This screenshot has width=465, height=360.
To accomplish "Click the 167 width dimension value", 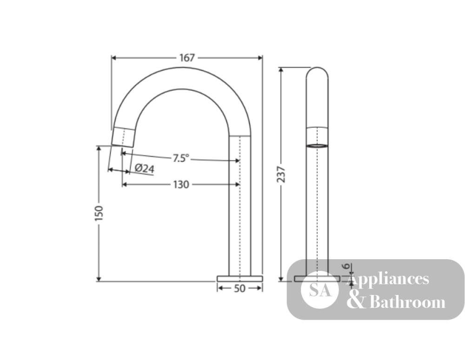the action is (x=187, y=58).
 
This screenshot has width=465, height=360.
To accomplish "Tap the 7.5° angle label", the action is (x=180, y=158).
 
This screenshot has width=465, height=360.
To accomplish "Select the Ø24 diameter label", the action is (x=145, y=168).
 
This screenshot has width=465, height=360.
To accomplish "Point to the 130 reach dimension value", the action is (x=181, y=184).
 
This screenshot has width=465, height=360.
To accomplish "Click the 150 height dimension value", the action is (x=99, y=213).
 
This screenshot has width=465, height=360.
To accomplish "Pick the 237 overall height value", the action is (x=281, y=174).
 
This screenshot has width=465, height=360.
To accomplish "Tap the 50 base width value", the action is (x=239, y=288).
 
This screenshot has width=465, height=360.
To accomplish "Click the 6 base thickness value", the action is (x=346, y=266).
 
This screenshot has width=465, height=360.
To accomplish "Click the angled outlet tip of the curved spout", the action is (x=123, y=137).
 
